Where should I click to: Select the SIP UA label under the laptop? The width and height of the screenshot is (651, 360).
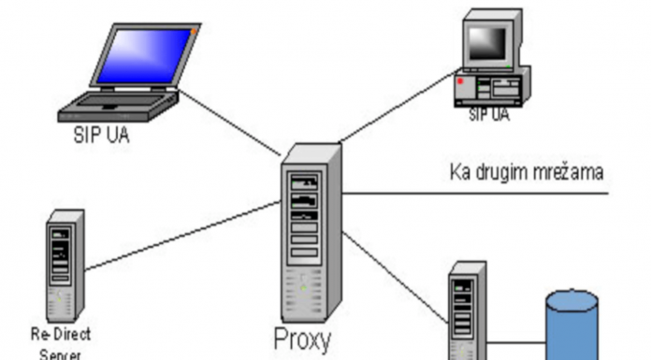click(x=102, y=134)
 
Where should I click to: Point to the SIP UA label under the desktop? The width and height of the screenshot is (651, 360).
click(x=489, y=114)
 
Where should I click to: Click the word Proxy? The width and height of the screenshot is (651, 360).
click(x=302, y=339)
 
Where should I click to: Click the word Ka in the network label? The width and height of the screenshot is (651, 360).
click(x=459, y=172)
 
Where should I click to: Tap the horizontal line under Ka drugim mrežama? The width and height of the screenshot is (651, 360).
click(x=477, y=194)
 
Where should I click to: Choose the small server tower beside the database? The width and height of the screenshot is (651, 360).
click(x=467, y=309)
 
